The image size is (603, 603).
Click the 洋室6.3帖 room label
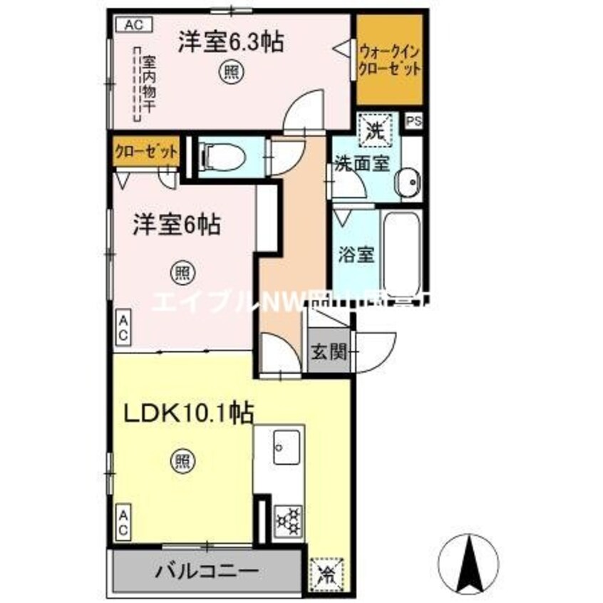pyautogui.click(x=230, y=43)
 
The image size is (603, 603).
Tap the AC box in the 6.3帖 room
pyautogui.click(x=133, y=25)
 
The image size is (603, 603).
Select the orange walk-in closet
pyautogui.click(x=389, y=61)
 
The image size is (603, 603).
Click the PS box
pyautogui.click(x=414, y=122)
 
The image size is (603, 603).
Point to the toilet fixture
pyautogui.click(x=221, y=154)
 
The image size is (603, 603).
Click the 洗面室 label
pyautogui.click(x=362, y=163)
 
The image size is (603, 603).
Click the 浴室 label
pyautogui.click(x=356, y=254)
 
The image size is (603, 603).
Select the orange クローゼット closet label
pyautogui.click(x=145, y=153)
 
